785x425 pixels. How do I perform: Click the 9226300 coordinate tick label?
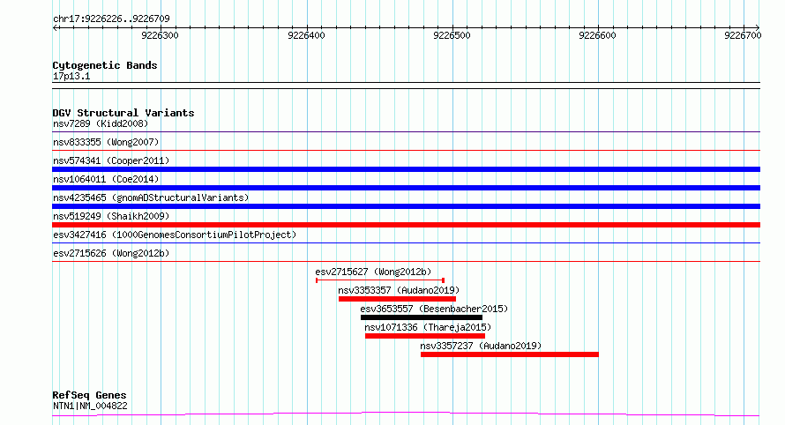(160, 35)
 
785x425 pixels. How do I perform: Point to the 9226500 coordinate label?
(452, 35)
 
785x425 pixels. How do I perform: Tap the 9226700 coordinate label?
(743, 35)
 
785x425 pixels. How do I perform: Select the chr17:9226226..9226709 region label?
(111, 19)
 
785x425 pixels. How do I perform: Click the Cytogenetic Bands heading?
(105, 65)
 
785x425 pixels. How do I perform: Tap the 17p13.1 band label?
(71, 76)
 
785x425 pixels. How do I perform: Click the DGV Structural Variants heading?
(123, 113)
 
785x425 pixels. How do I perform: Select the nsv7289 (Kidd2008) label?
(101, 123)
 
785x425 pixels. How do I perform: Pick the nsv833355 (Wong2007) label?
(106, 142)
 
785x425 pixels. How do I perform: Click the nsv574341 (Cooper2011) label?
(111, 160)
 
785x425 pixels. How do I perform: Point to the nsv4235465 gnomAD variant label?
(151, 198)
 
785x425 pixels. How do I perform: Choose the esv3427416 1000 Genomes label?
(175, 235)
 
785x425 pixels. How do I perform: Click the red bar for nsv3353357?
(397, 299)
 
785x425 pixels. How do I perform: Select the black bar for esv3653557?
(422, 317)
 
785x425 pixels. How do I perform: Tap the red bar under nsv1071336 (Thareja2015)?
(425, 336)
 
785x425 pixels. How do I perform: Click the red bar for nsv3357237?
(510, 354)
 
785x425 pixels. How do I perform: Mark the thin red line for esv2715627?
(380, 280)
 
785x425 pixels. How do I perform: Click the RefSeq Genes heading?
(89, 395)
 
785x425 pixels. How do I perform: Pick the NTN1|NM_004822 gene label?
(90, 406)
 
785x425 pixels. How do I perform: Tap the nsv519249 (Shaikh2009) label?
(111, 216)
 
